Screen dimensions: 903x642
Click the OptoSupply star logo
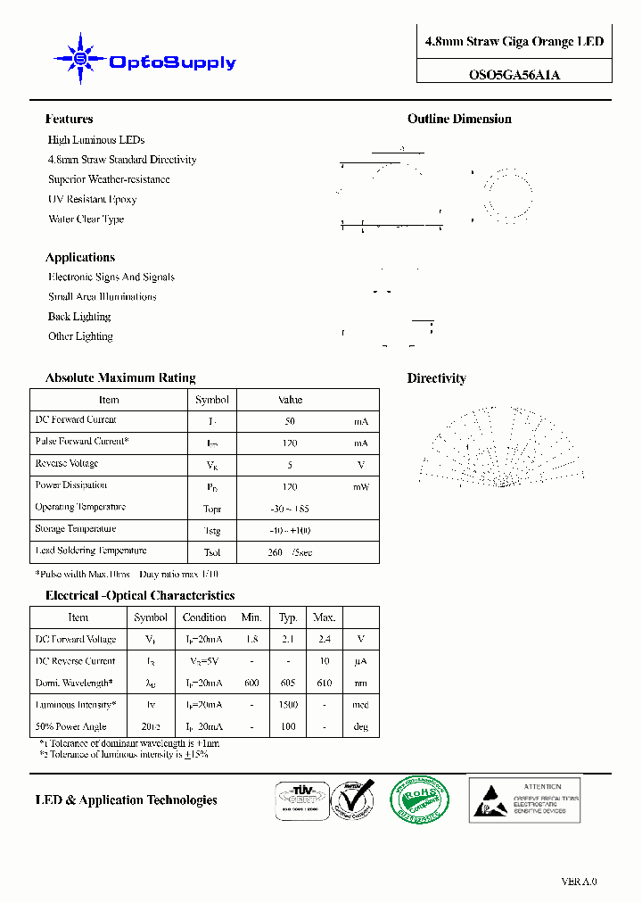80,59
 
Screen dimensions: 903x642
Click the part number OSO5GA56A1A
514,75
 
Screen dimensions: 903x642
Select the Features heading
69,119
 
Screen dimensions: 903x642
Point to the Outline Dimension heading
459,119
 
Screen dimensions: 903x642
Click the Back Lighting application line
79,317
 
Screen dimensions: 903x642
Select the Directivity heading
437,378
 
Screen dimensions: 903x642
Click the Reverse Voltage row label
67,463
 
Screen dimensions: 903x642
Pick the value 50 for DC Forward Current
290,421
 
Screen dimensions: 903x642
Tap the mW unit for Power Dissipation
360,487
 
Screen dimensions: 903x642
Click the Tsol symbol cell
212,552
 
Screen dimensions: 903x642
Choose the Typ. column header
288,617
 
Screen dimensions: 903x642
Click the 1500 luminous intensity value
288,705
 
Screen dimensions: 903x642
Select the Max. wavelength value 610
324,683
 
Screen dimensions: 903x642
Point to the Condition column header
204,617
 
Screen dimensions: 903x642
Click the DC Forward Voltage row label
76,639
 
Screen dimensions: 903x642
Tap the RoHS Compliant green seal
419,799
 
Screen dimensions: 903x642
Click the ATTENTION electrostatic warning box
524,799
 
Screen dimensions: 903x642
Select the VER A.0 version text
579,882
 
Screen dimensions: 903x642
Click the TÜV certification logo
299,799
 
